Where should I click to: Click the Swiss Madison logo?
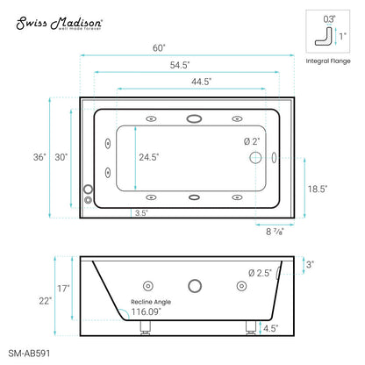point(59,24)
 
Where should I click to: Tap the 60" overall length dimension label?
point(159,48)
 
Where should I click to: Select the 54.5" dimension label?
point(180,65)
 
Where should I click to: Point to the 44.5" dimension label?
point(201,82)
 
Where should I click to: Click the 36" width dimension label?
point(39,157)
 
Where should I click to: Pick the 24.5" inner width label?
point(149,157)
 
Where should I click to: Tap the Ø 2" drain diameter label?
point(252,141)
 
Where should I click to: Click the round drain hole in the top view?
point(255,158)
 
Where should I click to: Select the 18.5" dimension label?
point(318,189)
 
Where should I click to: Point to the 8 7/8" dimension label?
point(275,232)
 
